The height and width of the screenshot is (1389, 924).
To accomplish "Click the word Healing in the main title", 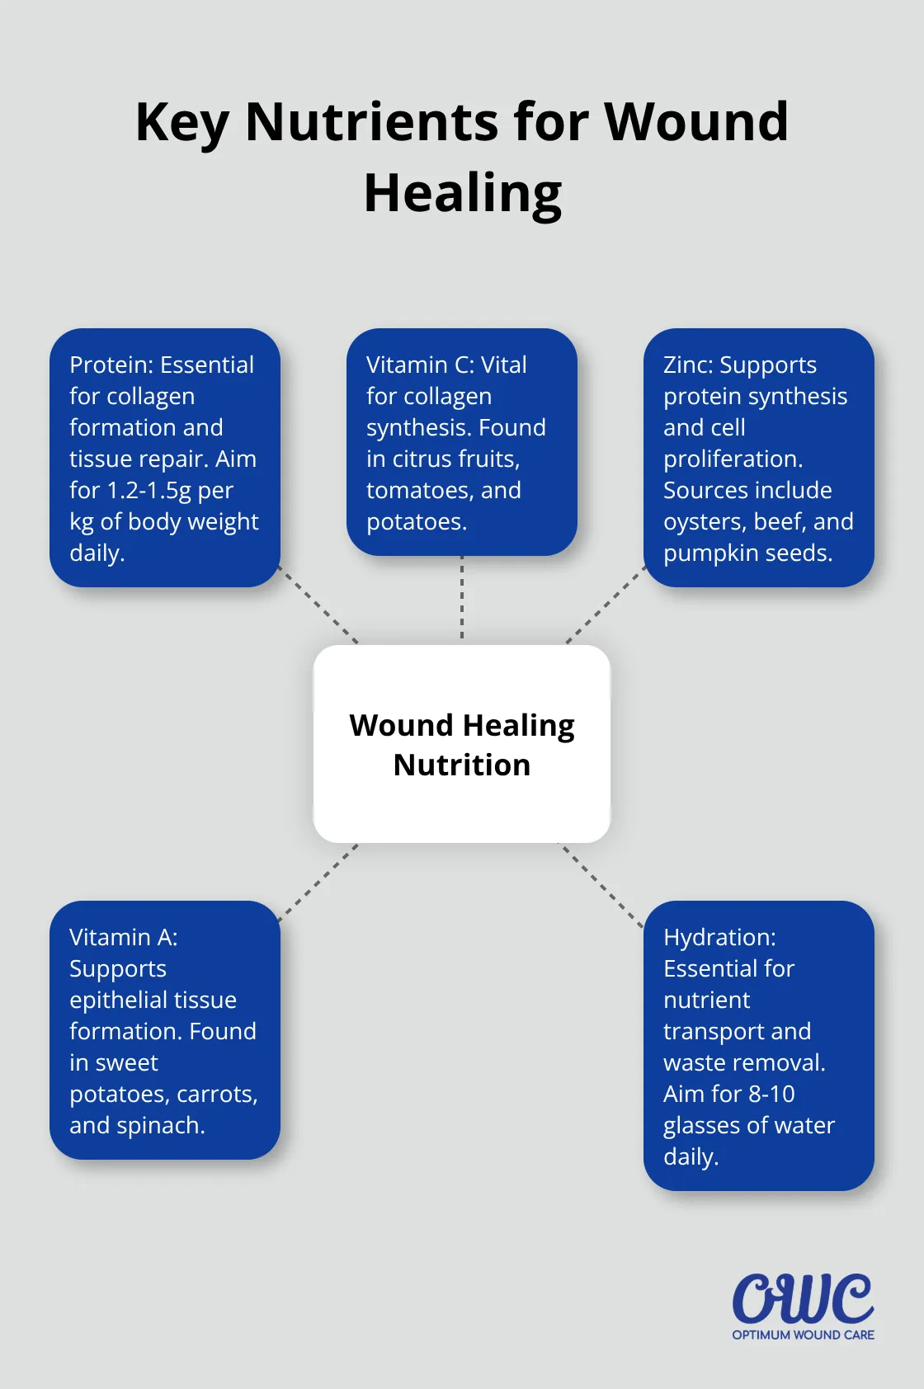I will pos(463,195).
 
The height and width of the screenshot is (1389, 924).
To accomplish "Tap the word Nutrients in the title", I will pos(372,122).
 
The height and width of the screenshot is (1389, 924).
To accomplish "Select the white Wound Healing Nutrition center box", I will pos(462,744).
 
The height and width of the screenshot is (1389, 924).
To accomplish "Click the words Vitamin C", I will pos(419,365).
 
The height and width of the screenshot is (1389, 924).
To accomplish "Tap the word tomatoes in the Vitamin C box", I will pos(420,490).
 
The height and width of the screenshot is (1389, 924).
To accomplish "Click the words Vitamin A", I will pos(123,937).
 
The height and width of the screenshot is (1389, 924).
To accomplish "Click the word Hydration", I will pos(719,937).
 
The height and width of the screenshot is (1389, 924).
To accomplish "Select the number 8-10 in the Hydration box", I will pos(771,1094).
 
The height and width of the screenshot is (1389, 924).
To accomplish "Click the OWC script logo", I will pos(803,1298).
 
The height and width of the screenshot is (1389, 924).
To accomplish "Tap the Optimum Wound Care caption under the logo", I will pos(803,1335).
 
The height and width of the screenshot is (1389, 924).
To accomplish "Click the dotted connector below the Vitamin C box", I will pos(462,599).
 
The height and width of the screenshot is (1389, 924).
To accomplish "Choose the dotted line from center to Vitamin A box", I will pos(320,881).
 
